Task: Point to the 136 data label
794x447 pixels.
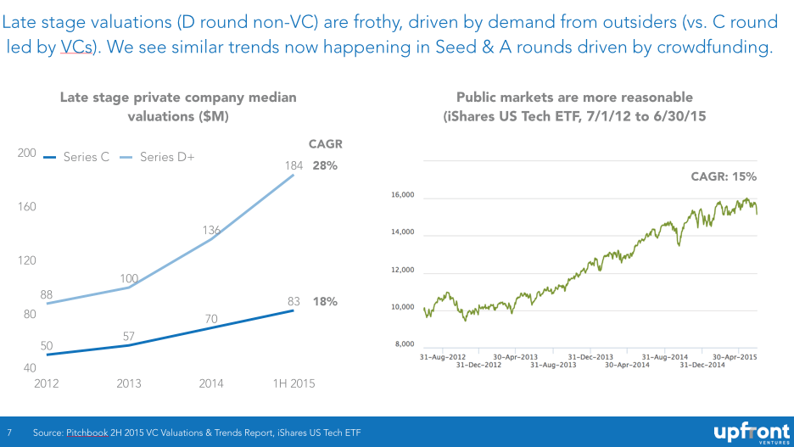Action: tap(211, 229)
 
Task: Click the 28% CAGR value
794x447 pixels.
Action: tap(325, 165)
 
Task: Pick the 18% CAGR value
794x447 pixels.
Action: tap(325, 301)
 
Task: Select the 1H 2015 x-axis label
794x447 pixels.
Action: tap(294, 383)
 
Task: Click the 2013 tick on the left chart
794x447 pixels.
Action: tap(129, 383)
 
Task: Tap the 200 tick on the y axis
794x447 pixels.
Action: tap(26, 153)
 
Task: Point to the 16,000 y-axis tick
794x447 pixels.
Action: tap(402, 196)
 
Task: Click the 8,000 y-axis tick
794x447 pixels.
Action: tap(404, 344)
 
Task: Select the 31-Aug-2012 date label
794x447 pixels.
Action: tap(442, 357)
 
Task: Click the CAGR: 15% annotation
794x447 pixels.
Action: tap(724, 176)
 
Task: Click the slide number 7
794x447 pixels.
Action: tap(10, 433)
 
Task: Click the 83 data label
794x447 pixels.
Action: tap(294, 300)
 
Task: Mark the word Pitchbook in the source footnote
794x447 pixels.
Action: tap(95, 433)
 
